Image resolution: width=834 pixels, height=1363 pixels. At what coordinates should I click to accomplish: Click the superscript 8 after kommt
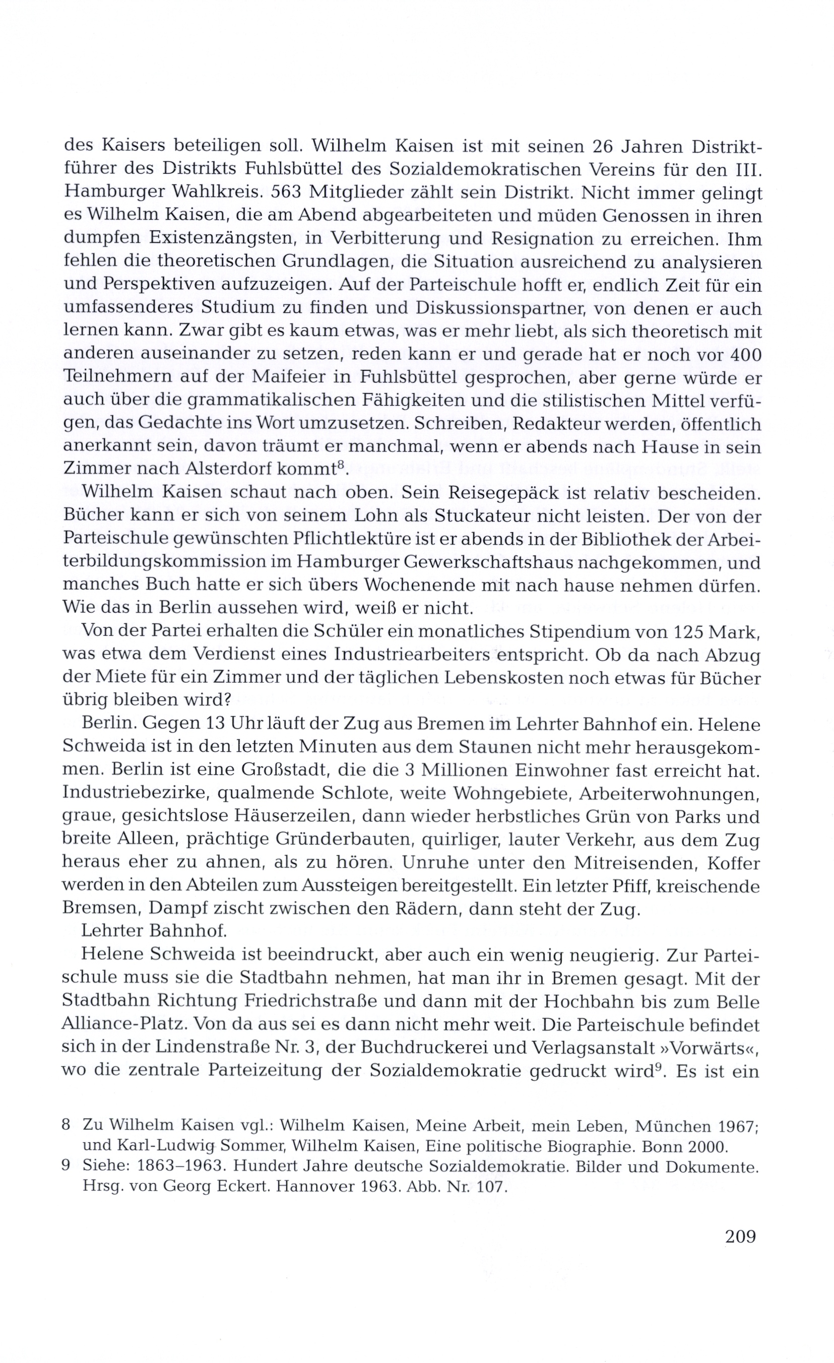[x=341, y=465]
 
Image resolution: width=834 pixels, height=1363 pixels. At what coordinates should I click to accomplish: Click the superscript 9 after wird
[x=658, y=1068]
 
